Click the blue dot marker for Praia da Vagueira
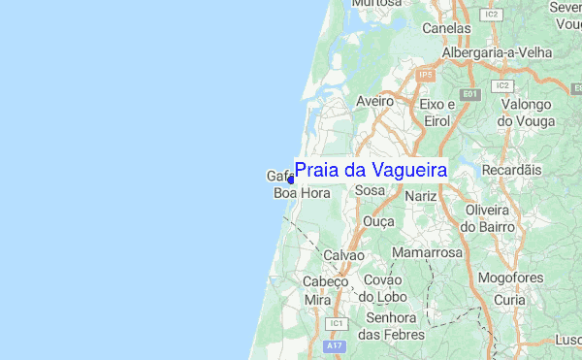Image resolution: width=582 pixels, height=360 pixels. [x=291, y=179]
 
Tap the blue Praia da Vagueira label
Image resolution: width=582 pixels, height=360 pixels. [x=371, y=171]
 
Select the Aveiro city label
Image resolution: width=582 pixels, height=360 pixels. [x=374, y=100]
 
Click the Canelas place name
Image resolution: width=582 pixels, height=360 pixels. [x=446, y=28]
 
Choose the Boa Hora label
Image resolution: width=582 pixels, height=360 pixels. [x=302, y=193]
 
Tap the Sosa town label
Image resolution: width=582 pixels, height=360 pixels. [x=371, y=191]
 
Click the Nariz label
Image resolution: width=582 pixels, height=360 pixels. [x=422, y=196]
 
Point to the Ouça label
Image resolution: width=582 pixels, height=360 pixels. [x=378, y=222]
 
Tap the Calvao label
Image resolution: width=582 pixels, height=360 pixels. [x=343, y=254]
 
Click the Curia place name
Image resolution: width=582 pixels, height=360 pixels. [x=510, y=301]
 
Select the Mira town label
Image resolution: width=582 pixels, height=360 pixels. [x=317, y=300]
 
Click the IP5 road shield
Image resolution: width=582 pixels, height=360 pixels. [x=425, y=74]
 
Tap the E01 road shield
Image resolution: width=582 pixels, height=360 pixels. [x=470, y=93]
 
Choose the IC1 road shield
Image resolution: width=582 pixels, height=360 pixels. [x=338, y=322]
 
